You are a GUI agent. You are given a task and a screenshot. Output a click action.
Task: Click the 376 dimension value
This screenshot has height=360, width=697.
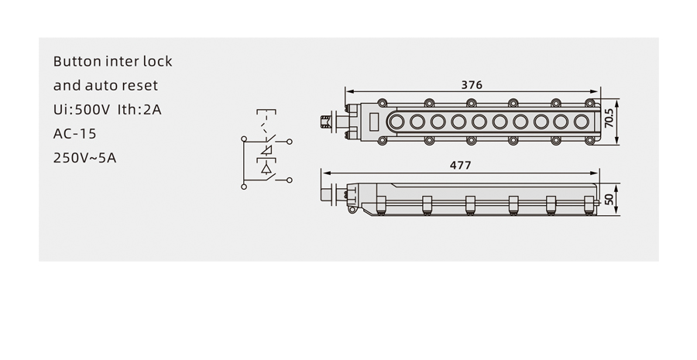472,84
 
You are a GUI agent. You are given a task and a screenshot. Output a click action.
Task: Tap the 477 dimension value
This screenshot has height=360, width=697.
461,166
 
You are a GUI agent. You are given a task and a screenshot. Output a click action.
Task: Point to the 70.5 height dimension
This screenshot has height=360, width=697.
609,118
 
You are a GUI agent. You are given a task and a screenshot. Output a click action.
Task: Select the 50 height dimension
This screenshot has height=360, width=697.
609,199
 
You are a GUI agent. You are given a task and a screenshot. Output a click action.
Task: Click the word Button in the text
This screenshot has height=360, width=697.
77,61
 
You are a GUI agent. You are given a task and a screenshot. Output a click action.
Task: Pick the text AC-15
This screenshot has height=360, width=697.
74,133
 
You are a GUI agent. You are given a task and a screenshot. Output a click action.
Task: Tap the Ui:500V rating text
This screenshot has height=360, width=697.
81,109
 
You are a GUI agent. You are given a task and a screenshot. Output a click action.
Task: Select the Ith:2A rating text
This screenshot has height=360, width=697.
139,109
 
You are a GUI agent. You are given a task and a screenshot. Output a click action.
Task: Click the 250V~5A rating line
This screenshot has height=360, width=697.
85,158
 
